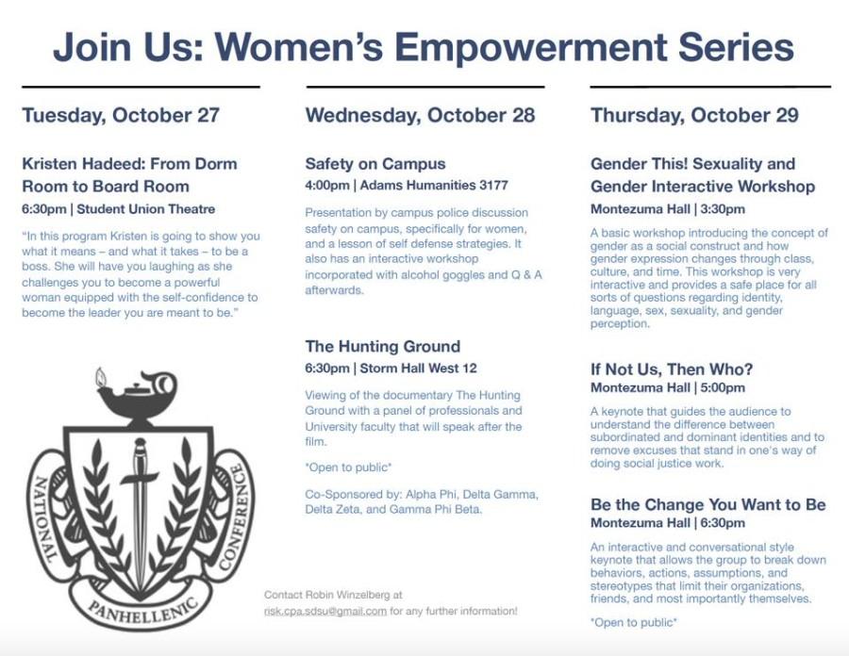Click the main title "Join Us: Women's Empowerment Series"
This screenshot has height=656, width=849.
click(424, 47)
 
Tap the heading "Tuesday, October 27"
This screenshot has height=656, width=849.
click(121, 115)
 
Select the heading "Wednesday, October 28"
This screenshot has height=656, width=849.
click(420, 115)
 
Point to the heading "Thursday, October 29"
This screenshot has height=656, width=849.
click(694, 115)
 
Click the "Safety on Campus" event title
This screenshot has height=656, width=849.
click(375, 164)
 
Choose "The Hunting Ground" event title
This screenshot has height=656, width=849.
click(383, 346)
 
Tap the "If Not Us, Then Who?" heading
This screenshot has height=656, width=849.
click(672, 369)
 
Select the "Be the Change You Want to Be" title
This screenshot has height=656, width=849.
click(708, 504)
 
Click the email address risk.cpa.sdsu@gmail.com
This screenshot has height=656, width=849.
click(325, 611)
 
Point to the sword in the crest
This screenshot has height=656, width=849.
click(141, 514)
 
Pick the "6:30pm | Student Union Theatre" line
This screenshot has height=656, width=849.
click(119, 209)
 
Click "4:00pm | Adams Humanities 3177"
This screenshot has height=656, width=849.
click(407, 186)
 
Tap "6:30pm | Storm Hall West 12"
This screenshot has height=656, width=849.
click(391, 369)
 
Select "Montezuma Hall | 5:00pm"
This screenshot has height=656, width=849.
click(668, 387)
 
